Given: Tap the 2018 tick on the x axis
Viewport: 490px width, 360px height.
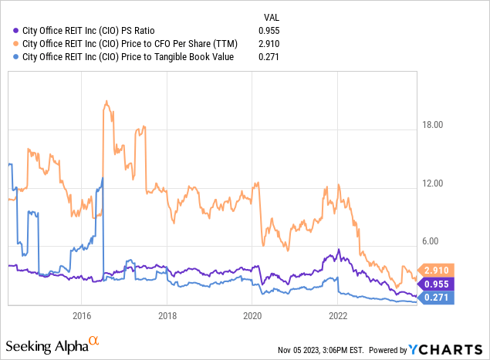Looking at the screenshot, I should click(167, 315).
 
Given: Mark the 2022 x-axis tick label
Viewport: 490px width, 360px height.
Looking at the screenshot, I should click(338, 315).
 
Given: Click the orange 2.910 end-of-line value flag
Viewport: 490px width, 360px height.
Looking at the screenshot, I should click(439, 271).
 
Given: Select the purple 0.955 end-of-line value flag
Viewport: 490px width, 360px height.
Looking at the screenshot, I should click(439, 284).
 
